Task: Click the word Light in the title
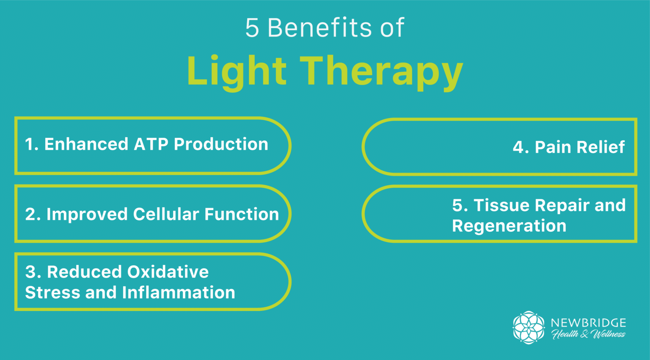pos(237,71)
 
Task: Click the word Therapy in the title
pos(381,71)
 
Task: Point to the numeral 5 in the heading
pos(252,28)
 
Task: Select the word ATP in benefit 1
pos(151,144)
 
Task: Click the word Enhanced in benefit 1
pos(86,144)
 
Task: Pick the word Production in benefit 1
pos(221,144)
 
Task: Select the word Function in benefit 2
pos(242,214)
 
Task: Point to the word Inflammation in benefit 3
pos(178,293)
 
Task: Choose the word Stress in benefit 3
pos(52,293)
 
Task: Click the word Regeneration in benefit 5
pos(509,226)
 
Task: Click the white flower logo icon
pos(529,327)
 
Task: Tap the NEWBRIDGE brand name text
pos(588,323)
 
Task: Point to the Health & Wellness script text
pos(588,334)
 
